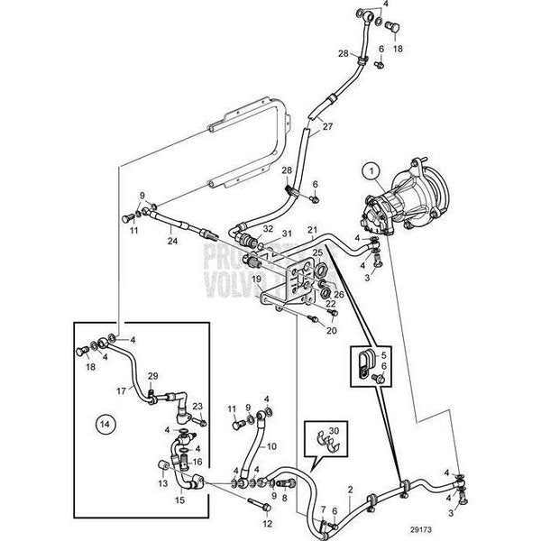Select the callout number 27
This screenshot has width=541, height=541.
coord(326,125)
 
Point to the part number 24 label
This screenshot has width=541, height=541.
coord(172,241)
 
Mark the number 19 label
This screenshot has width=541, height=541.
coord(255,280)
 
